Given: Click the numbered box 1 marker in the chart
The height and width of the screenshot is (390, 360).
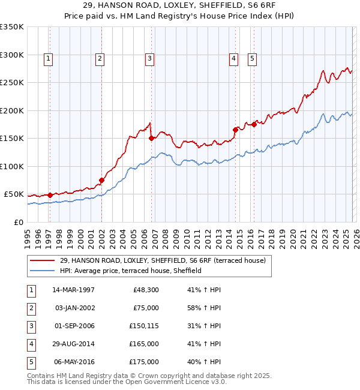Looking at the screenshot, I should point(48,59).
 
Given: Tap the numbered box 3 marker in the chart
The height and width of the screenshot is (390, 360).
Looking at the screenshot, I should point(149,59).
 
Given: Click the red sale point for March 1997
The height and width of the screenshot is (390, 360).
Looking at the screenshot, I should point(50,194).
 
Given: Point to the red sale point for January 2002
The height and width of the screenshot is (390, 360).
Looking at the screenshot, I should point(101,180).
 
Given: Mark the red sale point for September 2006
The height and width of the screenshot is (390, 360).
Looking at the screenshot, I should point(151,138).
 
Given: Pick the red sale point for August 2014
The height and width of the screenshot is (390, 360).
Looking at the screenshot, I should point(236,129).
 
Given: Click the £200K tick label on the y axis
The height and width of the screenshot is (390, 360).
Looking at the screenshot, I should point(12,110).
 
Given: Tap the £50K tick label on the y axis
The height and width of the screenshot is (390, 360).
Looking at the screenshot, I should point(14,194).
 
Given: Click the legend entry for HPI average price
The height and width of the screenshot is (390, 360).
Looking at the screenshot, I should point(130,271).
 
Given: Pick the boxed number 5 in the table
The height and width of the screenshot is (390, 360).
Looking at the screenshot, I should point(30,362).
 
